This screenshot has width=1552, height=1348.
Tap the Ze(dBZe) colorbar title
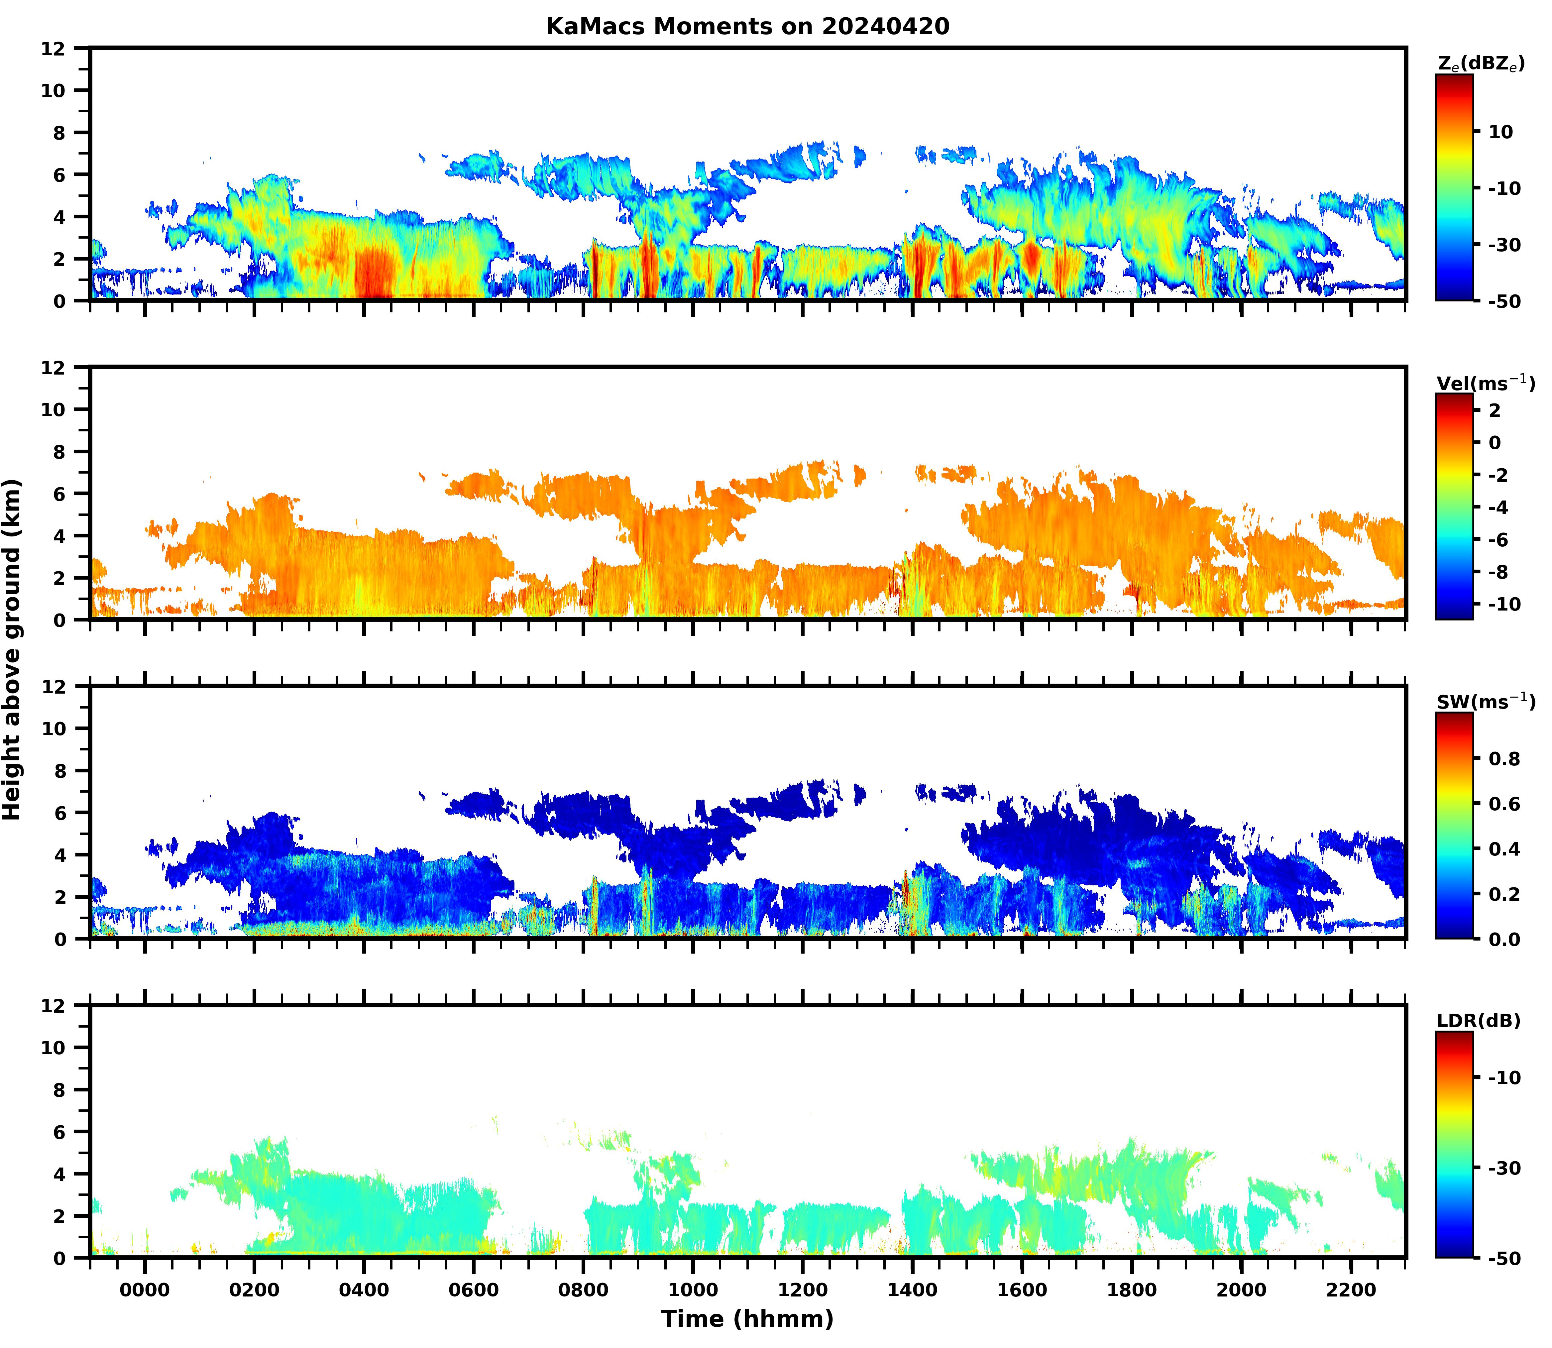[1481, 64]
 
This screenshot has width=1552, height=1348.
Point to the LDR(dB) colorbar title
[1478, 1021]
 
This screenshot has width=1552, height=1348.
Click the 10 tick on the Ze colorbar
[1501, 132]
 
